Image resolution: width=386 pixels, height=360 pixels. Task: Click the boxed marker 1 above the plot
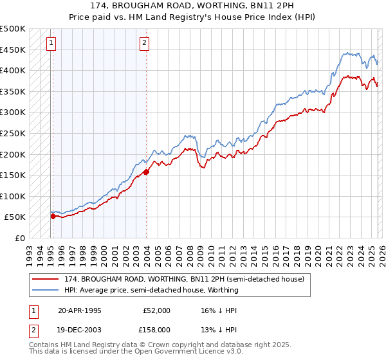point(51,43)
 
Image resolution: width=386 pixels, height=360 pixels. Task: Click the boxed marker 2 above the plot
point(144,43)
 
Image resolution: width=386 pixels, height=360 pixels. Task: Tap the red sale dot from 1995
point(53,216)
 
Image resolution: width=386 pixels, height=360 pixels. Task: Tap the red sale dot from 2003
point(147,172)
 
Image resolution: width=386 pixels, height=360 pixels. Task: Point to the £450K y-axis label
point(13,50)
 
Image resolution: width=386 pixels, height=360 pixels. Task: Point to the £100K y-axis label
point(13,196)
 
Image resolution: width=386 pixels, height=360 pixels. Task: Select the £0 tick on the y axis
point(21,238)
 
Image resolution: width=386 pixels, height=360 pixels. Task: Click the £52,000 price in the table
point(156,310)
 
